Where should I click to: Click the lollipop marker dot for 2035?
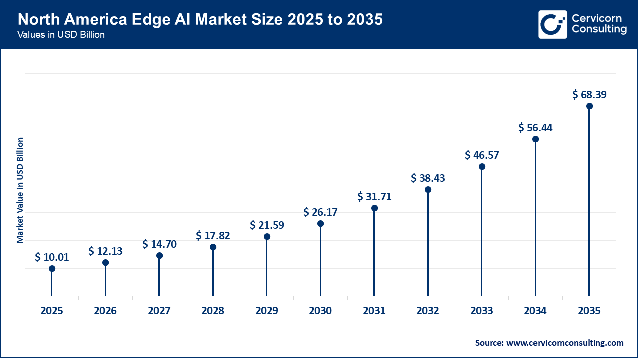pyautogui.click(x=589, y=106)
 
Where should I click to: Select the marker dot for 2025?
pyautogui.click(x=52, y=269)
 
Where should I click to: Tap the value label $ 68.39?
pyautogui.click(x=589, y=94)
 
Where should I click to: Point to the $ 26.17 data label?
pyautogui.click(x=320, y=212)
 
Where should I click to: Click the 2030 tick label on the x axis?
pyautogui.click(x=320, y=311)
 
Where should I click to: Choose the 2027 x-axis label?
pyautogui.click(x=159, y=311)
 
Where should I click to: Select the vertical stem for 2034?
pyautogui.click(x=535, y=220)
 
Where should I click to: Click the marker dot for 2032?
pyautogui.click(x=428, y=190)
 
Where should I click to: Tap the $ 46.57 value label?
pyautogui.click(x=482, y=155)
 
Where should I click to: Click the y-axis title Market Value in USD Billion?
pyautogui.click(x=20, y=190)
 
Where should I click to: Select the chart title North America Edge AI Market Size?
pyautogui.click(x=200, y=20)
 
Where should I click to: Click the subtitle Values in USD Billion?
pyautogui.click(x=61, y=35)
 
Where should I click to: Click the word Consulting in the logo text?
pyautogui.click(x=599, y=30)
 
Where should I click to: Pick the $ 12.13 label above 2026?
pyautogui.click(x=105, y=251)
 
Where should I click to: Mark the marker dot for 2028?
pyautogui.click(x=213, y=247)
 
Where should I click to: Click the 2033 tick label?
pyautogui.click(x=482, y=311)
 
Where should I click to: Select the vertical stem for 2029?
pyautogui.click(x=267, y=267)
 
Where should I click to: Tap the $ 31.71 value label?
pyautogui.click(x=374, y=197)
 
